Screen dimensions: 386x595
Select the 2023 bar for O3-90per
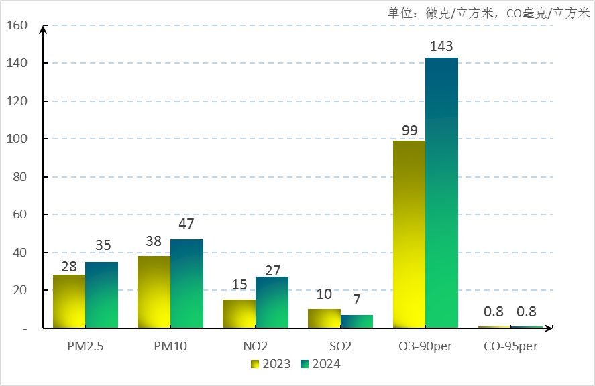click(x=409, y=235)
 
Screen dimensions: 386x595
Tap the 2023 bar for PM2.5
click(x=69, y=302)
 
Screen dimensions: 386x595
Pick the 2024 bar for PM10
click(x=186, y=283)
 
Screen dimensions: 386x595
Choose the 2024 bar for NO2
click(x=272, y=302)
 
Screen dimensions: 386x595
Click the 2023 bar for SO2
click(x=324, y=318)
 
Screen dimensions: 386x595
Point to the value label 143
click(x=441, y=46)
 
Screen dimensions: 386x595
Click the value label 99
click(x=409, y=129)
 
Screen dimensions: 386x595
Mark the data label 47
click(x=186, y=224)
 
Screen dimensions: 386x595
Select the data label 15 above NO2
click(x=239, y=285)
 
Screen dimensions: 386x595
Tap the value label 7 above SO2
click(x=357, y=299)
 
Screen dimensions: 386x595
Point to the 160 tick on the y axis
click(x=17, y=25)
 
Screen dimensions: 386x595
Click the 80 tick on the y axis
click(x=20, y=177)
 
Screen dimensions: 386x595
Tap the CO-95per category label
click(x=510, y=346)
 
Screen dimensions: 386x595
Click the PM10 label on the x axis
click(x=170, y=346)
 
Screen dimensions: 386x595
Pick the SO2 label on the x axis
click(x=340, y=346)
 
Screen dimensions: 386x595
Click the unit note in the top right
click(x=488, y=13)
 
